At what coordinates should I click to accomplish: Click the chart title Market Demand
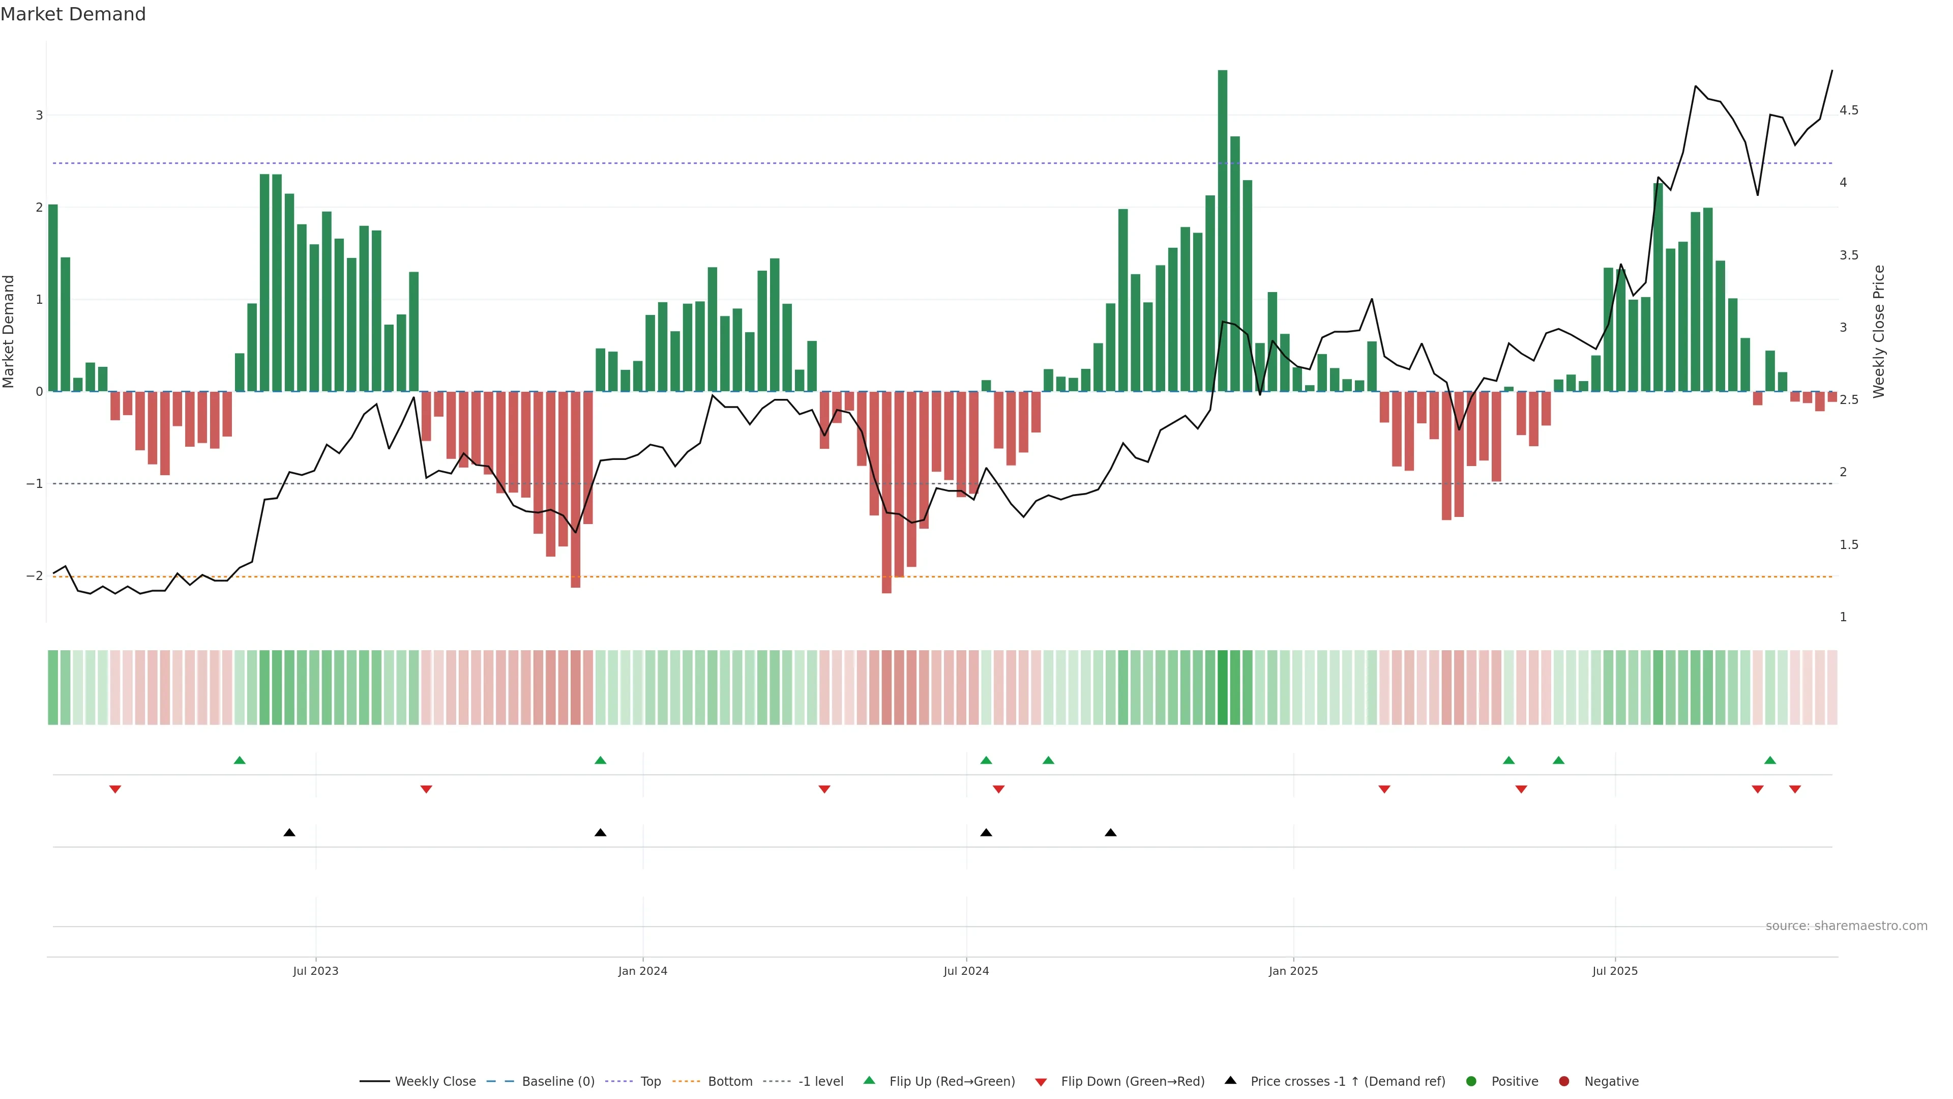pyautogui.click(x=73, y=14)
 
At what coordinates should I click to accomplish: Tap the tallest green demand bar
pyautogui.click(x=1222, y=227)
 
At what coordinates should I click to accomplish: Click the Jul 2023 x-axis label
pyautogui.click(x=315, y=971)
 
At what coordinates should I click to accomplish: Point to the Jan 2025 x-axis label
pyautogui.click(x=1293, y=971)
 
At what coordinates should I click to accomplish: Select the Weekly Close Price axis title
pyautogui.click(x=1879, y=331)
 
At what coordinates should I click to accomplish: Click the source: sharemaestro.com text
pyautogui.click(x=1846, y=926)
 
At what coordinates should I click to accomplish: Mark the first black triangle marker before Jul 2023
pyautogui.click(x=289, y=833)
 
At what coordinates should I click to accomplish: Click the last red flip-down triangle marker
pyautogui.click(x=1794, y=790)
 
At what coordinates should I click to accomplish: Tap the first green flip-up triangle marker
pyautogui.click(x=240, y=760)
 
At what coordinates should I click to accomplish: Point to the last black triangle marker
pyautogui.click(x=1111, y=833)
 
